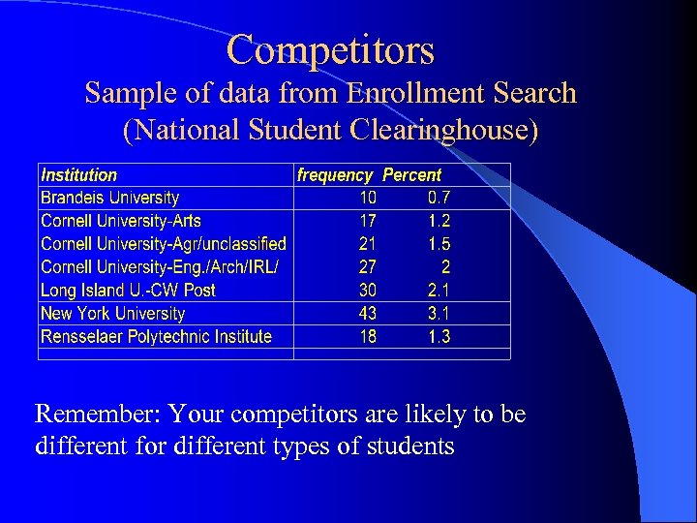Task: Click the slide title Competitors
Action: pyautogui.click(x=331, y=49)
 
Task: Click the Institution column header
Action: pyautogui.click(x=78, y=175)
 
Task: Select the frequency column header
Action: pyautogui.click(x=335, y=175)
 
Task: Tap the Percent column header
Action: pyautogui.click(x=411, y=175)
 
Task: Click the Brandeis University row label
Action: pyautogui.click(x=109, y=198)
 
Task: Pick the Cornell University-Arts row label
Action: pyautogui.click(x=121, y=221)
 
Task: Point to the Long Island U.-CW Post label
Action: pyautogui.click(x=128, y=291)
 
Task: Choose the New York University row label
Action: pyautogui.click(x=112, y=314)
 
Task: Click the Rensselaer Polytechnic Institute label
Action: pyautogui.click(x=156, y=337)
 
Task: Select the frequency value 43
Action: pyautogui.click(x=368, y=314)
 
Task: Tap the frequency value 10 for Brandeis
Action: pyautogui.click(x=368, y=198)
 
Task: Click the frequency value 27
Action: pyautogui.click(x=368, y=267)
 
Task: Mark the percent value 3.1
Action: pyautogui.click(x=439, y=314)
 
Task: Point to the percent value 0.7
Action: pyautogui.click(x=439, y=198)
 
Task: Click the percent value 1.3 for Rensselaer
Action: pyautogui.click(x=439, y=337)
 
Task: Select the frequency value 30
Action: pyautogui.click(x=368, y=291)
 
